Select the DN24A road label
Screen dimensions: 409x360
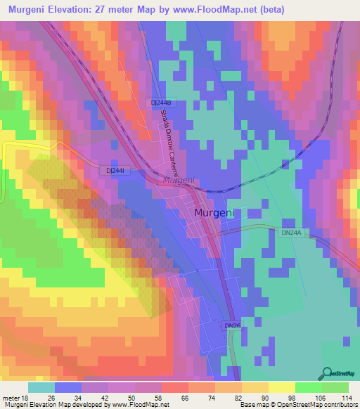coord(290,232)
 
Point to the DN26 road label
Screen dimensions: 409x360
coord(233,326)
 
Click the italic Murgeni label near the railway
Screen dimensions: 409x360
coord(179,181)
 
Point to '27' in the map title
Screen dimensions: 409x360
coord(121,9)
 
